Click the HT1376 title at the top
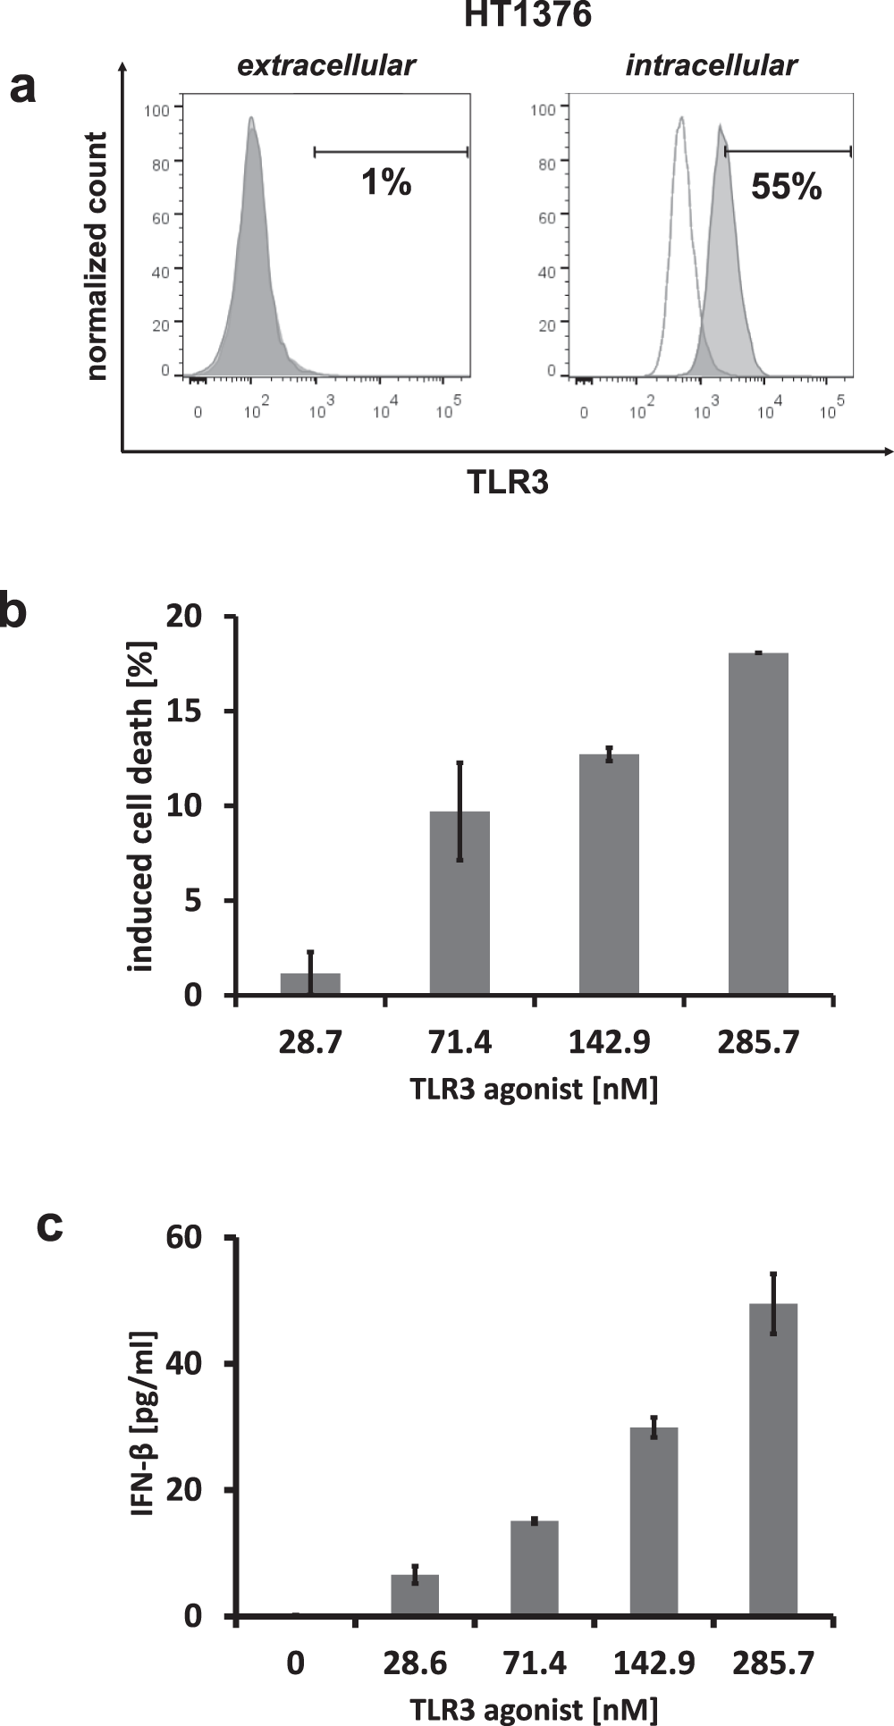(527, 15)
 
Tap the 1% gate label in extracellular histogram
(386, 183)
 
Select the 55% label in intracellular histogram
(786, 187)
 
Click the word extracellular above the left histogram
(326, 65)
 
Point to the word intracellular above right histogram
(711, 65)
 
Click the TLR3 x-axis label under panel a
(508, 483)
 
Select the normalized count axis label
(97, 257)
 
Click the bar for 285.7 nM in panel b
(758, 823)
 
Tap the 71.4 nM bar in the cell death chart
(460, 903)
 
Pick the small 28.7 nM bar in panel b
(310, 984)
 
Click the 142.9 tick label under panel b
(609, 1042)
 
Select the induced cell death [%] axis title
(140, 806)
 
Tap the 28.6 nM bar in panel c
(415, 1595)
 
